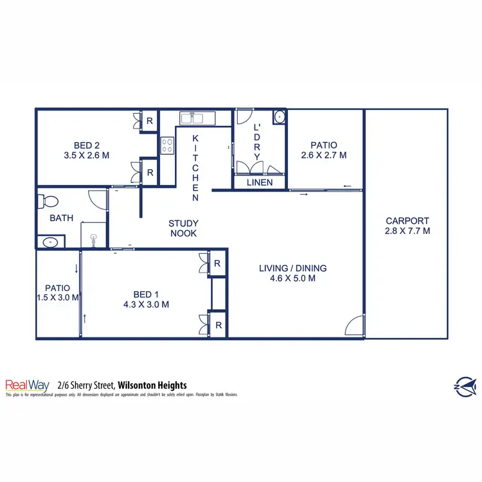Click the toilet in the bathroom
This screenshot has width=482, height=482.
(45, 201)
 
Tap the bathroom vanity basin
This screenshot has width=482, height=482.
(50, 242)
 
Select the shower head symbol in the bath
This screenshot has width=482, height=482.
(94, 237)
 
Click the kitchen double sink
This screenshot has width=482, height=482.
(192, 118)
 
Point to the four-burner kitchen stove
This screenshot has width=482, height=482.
(167, 146)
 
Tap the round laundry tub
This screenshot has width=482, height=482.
(279, 118)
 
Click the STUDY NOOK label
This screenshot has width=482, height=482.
(183, 229)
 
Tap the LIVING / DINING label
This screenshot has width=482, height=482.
(293, 269)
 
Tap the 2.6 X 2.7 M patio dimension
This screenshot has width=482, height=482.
(324, 155)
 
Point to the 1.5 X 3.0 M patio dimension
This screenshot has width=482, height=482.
(58, 298)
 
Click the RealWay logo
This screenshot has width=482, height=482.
(27, 384)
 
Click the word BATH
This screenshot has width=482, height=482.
(61, 218)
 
